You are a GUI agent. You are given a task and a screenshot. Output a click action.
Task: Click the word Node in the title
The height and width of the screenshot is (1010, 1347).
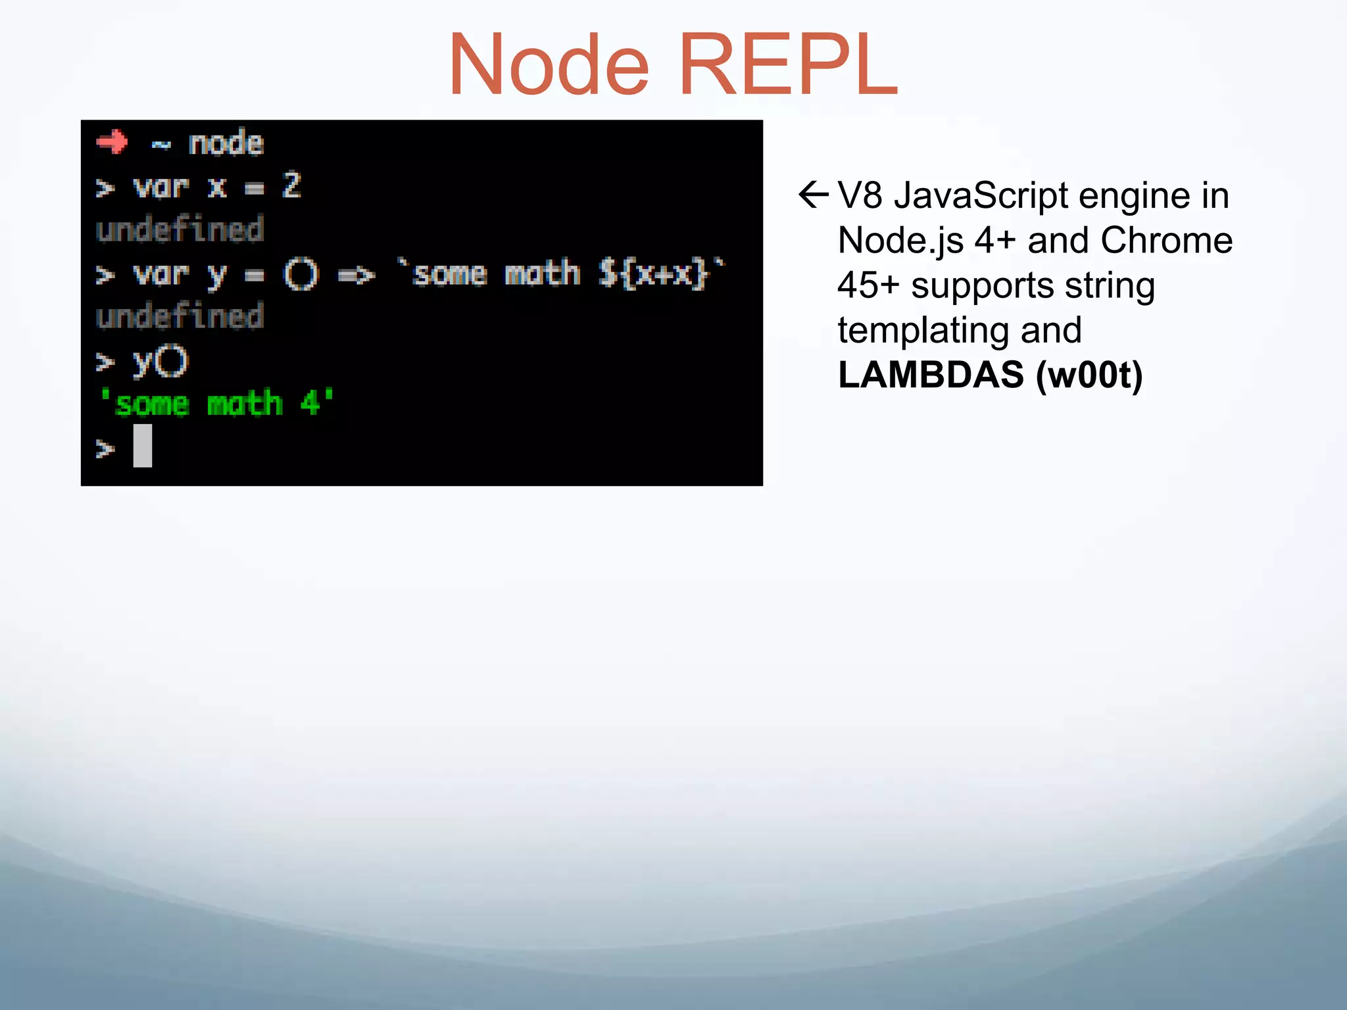pyautogui.click(x=549, y=66)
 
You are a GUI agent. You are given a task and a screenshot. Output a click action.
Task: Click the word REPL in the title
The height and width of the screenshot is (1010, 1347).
pyautogui.click(x=787, y=66)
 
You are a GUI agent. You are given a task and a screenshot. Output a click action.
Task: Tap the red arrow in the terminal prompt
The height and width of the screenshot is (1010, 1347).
pyautogui.click(x=112, y=141)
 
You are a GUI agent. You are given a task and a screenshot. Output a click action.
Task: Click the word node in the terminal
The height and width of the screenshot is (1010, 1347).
pyautogui.click(x=226, y=143)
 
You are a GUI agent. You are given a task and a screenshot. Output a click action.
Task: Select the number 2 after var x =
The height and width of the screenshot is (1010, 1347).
pyautogui.click(x=291, y=185)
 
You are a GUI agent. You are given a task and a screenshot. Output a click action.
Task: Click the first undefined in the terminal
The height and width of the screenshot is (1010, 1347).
pyautogui.click(x=180, y=229)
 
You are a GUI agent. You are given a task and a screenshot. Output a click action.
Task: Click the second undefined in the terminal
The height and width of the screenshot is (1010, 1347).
pyautogui.click(x=180, y=316)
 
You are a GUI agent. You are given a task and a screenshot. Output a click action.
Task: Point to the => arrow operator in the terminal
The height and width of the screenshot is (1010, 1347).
pyautogui.click(x=356, y=275)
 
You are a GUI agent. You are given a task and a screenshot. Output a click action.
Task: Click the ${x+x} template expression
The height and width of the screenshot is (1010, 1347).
pyautogui.click(x=653, y=274)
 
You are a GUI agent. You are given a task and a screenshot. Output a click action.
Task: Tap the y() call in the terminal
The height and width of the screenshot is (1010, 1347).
pyautogui.click(x=160, y=361)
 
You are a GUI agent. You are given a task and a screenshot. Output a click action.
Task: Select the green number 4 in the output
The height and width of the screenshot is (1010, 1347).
pyautogui.click(x=310, y=403)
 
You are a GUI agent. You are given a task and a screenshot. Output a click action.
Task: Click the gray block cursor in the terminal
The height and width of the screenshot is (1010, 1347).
pyautogui.click(x=143, y=446)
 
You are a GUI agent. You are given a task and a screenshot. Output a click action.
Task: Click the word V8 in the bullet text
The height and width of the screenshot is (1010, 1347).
pyautogui.click(x=860, y=195)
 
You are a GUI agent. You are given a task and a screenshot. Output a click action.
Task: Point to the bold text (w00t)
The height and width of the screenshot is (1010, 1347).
pyautogui.click(x=1089, y=375)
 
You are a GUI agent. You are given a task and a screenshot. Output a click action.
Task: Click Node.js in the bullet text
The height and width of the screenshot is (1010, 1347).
pyautogui.click(x=900, y=241)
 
